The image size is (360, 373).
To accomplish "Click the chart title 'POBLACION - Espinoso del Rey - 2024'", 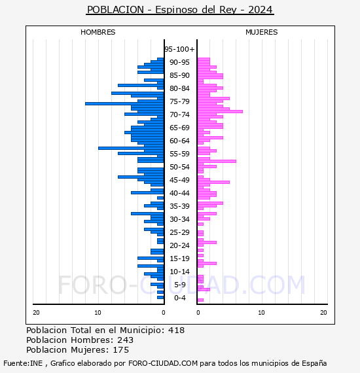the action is (x=180, y=10).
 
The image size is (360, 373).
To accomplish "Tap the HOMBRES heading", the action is (x=98, y=32).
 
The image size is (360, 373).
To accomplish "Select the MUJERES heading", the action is (x=262, y=32).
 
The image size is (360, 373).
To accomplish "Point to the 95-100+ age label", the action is (x=179, y=49).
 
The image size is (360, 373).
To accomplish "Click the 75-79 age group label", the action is (x=179, y=101).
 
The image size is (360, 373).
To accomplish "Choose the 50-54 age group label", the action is (x=179, y=167).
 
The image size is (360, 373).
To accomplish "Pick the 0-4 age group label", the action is (x=179, y=298).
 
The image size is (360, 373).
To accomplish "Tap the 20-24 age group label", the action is (x=179, y=245).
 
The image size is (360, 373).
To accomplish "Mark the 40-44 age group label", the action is (x=179, y=193).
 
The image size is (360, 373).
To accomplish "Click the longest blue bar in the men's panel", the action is (x=124, y=103).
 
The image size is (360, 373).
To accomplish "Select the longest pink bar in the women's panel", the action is (x=220, y=111).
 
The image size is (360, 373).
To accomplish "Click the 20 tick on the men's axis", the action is (x=36, y=313).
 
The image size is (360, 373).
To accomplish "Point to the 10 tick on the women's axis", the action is (x=261, y=313).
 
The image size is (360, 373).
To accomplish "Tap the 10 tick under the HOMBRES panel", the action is (x=98, y=313).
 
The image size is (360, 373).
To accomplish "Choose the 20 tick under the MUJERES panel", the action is (x=323, y=313).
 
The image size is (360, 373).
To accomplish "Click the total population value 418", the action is (x=176, y=330).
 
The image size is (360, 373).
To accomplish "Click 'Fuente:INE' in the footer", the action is (x=23, y=363).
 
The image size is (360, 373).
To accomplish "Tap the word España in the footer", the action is (x=314, y=363).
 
